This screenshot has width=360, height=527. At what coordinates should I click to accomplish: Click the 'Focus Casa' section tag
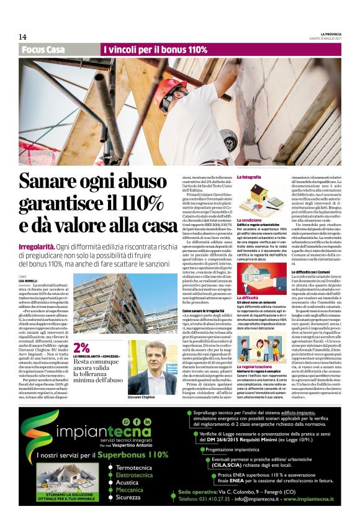pyautogui.click(x=43, y=49)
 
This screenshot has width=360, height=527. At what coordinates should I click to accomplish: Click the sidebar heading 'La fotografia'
pyautogui.click(x=249, y=177)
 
